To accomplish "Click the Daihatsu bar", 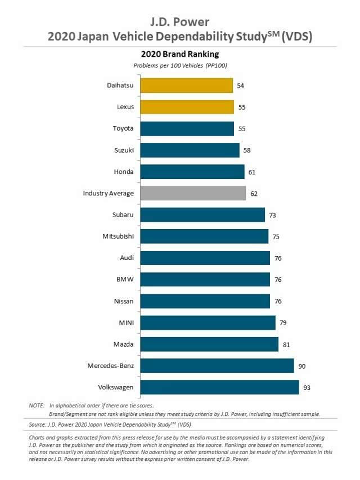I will coord(186,86).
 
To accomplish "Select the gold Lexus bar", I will coord(187,107).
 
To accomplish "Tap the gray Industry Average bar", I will coord(193,193).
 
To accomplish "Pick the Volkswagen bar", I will coord(219,387).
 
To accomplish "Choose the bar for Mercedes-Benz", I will coord(217,366).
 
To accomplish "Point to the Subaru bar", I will coord(202,215).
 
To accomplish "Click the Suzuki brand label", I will coord(124,150).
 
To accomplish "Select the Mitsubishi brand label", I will coord(118,236).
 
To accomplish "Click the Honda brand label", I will coord(124,172).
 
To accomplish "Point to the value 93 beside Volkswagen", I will coord(307,388).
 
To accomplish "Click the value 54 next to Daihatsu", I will coord(241,86).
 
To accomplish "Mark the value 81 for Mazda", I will coord(287,344).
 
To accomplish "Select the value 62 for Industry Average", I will coord(254,194).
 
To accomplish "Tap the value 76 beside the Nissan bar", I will coord(278,301).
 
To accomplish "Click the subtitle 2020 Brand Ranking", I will coord(179,55).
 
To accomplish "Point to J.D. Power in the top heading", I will coord(180,22).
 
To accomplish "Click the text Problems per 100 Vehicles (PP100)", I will coord(180,66).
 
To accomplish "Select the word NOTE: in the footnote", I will coord(37,405).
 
